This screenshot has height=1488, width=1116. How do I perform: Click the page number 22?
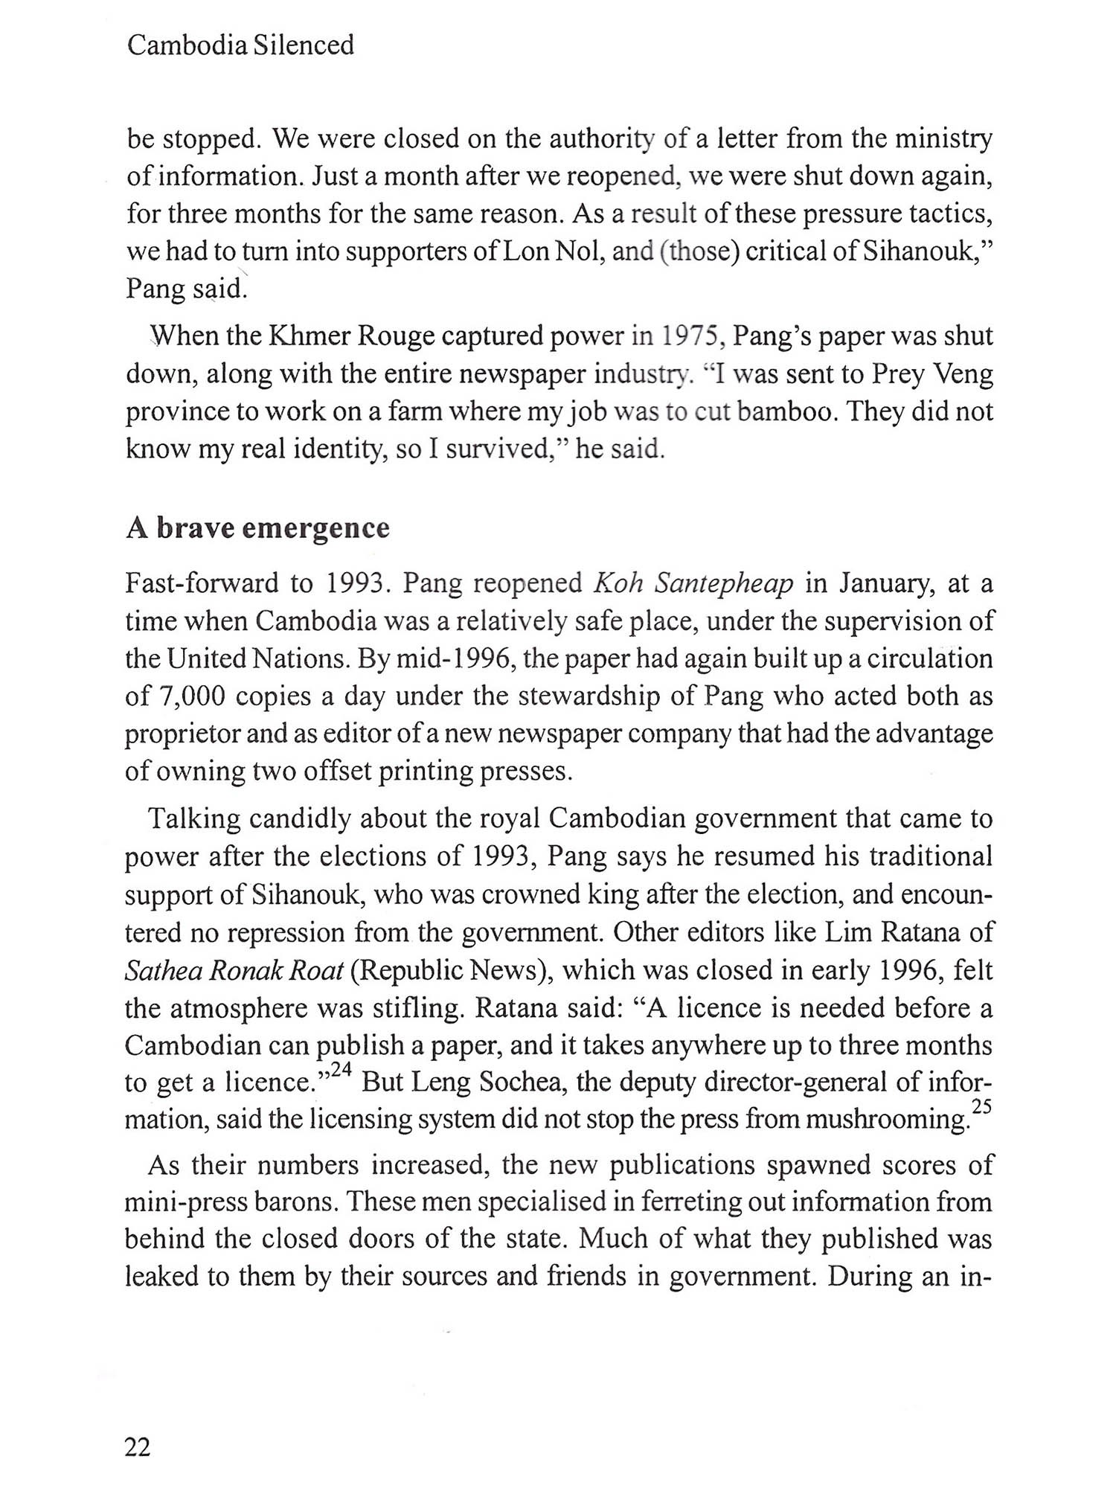(x=138, y=1446)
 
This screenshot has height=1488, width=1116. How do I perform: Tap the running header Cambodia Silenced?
(x=240, y=46)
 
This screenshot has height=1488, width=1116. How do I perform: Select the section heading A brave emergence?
(x=257, y=527)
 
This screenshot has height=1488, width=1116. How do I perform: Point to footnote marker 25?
(x=982, y=1107)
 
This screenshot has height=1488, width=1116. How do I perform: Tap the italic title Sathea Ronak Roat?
(x=234, y=970)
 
